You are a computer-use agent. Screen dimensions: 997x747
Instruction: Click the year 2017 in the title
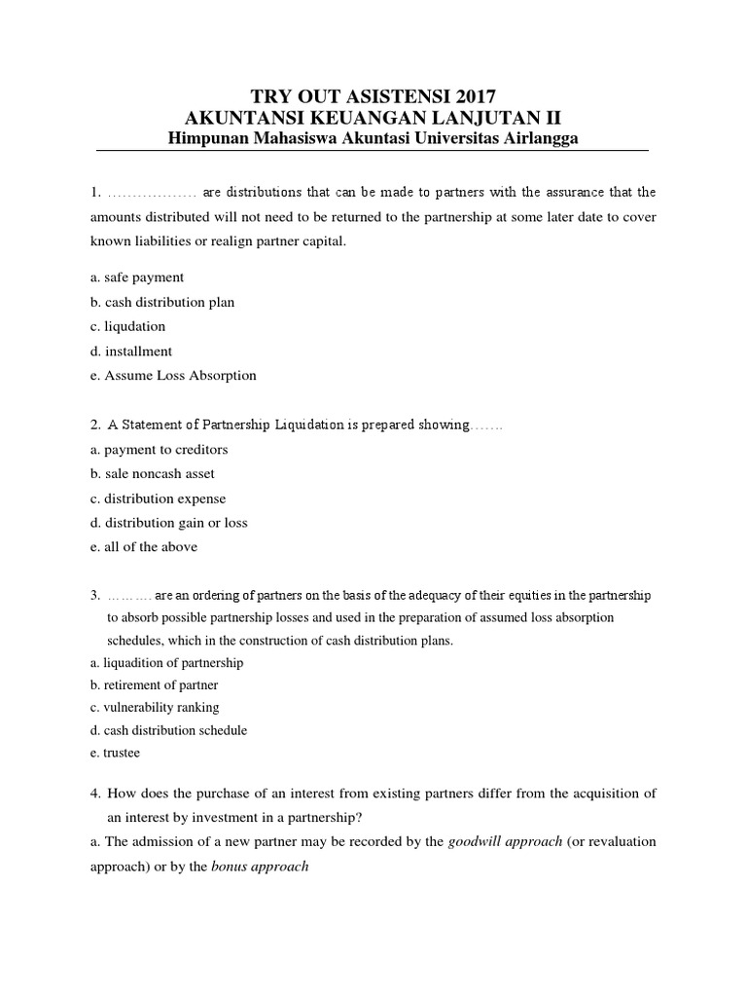click(x=474, y=95)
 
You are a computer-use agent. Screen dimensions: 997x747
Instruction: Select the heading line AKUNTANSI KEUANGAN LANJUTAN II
click(x=373, y=117)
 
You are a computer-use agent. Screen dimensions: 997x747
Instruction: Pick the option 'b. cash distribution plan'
click(x=161, y=302)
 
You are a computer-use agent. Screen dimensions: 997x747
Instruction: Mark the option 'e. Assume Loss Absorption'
click(x=172, y=375)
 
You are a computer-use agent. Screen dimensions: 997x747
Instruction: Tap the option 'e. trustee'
click(x=114, y=753)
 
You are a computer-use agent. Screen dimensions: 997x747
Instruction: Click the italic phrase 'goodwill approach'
click(x=505, y=841)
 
